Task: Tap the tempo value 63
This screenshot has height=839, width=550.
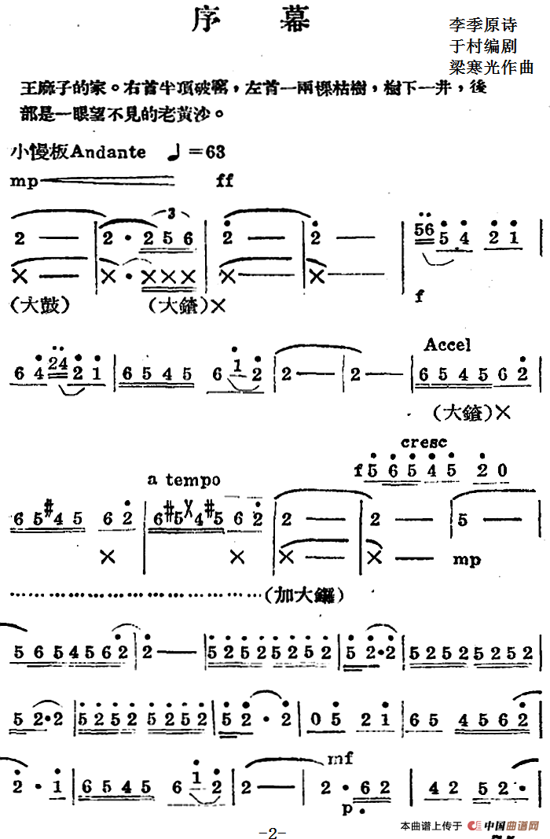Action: (x=215, y=152)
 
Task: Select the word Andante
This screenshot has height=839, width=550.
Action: (x=108, y=152)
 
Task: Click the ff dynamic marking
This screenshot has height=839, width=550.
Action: (x=224, y=181)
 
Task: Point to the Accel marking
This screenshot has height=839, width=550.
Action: (x=447, y=344)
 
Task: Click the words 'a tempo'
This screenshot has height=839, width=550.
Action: (x=183, y=480)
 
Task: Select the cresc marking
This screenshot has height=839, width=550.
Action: (x=423, y=443)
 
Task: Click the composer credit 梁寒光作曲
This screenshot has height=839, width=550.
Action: (x=491, y=68)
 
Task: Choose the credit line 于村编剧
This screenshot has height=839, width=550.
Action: (x=482, y=46)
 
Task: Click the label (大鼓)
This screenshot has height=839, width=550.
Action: (x=39, y=306)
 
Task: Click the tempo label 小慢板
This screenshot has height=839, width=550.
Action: (x=40, y=152)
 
